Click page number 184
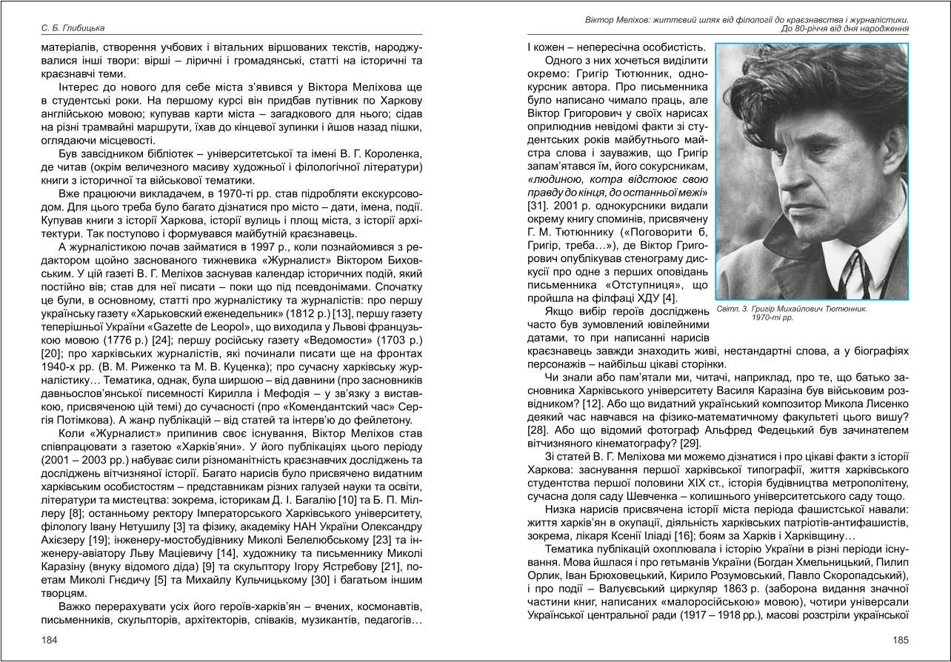(49, 640)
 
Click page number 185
(900, 640)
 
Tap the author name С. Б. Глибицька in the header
(73, 28)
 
